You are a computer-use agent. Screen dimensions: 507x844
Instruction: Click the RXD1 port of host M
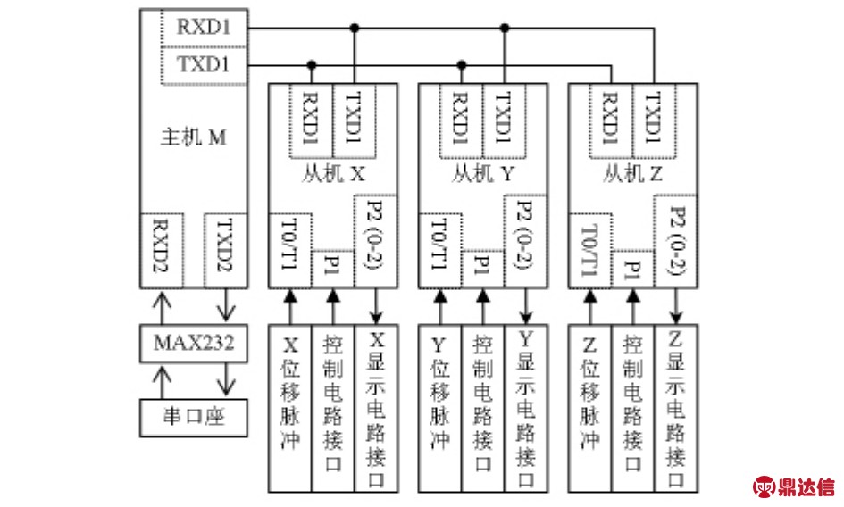pyautogui.click(x=203, y=28)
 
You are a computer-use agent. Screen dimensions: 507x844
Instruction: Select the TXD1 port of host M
pyautogui.click(x=203, y=64)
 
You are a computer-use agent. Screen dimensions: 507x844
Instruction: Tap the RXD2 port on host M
pyautogui.click(x=163, y=249)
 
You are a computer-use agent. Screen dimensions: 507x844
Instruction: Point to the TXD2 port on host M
pyautogui.click(x=225, y=249)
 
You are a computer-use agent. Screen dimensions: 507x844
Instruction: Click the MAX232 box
pyautogui.click(x=193, y=343)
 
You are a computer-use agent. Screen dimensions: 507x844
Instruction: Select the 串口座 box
pyautogui.click(x=193, y=418)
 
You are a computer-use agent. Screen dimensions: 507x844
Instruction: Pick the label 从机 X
pyautogui.click(x=332, y=175)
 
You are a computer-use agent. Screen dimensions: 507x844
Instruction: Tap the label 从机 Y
pyautogui.click(x=482, y=175)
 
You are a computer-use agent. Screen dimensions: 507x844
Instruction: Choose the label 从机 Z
pyautogui.click(x=632, y=175)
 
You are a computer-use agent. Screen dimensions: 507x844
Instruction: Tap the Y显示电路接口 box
pyautogui.click(x=526, y=409)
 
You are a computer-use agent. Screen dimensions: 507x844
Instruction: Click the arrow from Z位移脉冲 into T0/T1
pyautogui.click(x=589, y=309)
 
